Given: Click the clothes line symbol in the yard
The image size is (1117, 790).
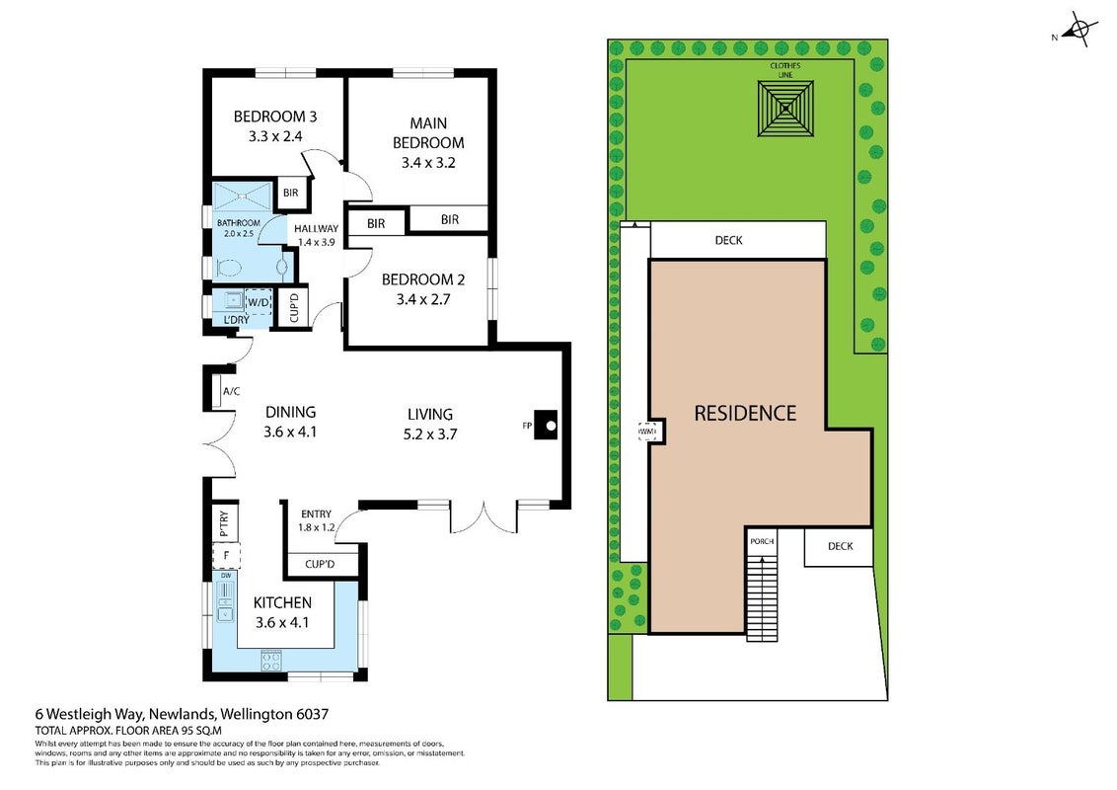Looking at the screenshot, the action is tap(785, 109).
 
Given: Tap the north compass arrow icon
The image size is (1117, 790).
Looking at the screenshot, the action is tap(1079, 30).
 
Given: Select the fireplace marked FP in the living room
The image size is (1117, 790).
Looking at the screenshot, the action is tap(546, 425).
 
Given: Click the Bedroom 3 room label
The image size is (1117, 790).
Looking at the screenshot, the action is tap(275, 125).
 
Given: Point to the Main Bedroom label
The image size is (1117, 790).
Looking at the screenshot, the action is tap(428, 142).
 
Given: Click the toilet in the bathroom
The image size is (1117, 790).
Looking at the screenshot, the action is tap(228, 268).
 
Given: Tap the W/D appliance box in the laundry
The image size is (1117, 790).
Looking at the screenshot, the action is tap(259, 302).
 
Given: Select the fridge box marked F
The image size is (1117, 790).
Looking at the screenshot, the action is tap(227, 555).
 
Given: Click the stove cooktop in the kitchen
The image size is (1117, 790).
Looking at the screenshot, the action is tap(272, 661).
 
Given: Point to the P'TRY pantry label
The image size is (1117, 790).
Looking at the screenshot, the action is tap(224, 522).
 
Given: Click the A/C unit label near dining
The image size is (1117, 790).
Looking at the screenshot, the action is tap(232, 391).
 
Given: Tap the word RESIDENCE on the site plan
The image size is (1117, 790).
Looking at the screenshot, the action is tap(745, 413).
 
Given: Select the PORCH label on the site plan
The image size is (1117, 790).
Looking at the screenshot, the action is tap(762, 541).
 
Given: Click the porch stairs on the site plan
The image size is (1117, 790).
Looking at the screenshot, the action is tap(762, 598).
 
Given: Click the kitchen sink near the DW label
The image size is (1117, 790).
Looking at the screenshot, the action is tap(225, 602).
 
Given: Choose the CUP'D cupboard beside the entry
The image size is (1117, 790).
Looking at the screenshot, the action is tap(321, 564).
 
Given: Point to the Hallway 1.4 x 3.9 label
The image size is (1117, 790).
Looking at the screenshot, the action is tap(317, 235).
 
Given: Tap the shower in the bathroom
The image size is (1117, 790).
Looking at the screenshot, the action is tap(243, 194).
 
